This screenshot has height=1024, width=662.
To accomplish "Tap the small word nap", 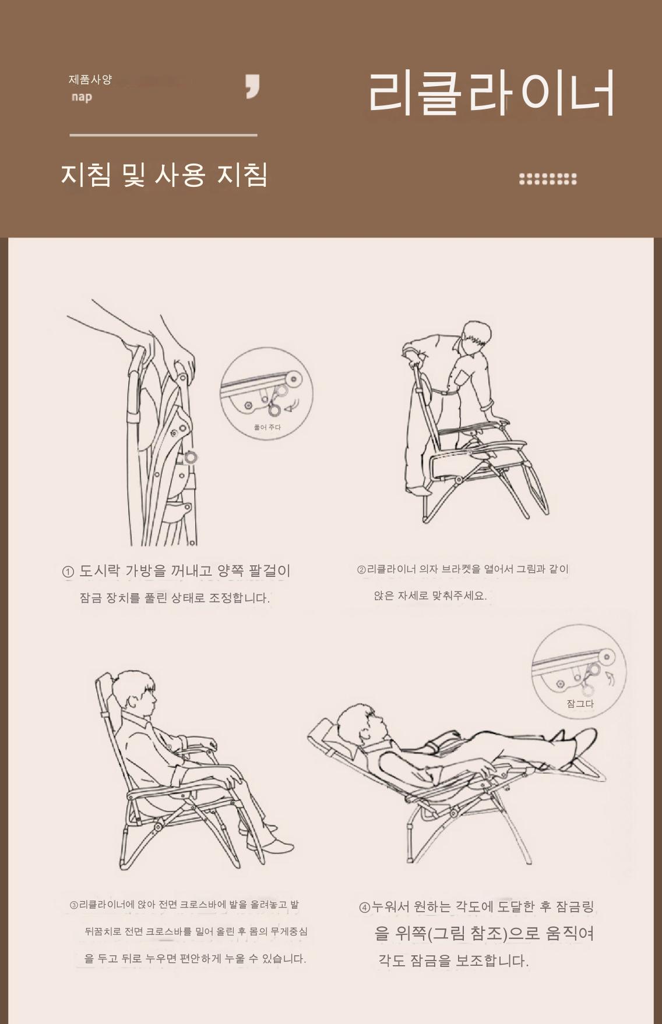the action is coord(82,97).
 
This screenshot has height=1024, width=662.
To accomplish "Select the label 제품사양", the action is coord(90,79).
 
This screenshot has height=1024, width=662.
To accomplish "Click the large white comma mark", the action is coord(252,87).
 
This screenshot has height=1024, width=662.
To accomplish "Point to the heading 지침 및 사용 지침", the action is coord(164,174).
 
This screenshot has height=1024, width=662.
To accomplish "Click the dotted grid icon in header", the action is coord(548,179).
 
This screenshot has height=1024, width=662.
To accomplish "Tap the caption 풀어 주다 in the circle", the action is coord(267,427).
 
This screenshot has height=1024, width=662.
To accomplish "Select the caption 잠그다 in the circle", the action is coord(580,704).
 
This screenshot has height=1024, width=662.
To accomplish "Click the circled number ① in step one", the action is coord(68,572).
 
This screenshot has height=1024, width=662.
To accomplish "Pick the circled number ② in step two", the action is coord(361,569).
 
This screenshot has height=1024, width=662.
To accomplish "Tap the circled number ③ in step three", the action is coord(74,905).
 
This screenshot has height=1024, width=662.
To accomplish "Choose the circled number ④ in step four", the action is coord(365,907).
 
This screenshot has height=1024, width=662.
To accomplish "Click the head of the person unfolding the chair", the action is coord(474,339).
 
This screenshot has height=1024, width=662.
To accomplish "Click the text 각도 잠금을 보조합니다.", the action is coord(453,961).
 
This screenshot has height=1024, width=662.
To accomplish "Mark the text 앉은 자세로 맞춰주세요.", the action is coord(430,596).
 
